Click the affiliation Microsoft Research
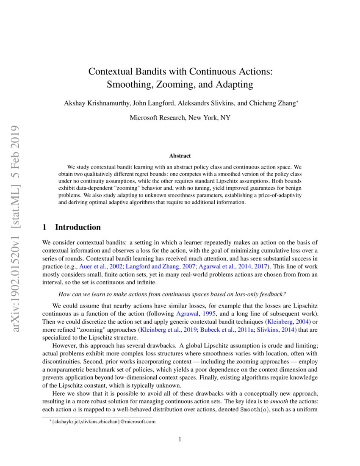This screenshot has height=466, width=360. pyautogui.click(x=157, y=118)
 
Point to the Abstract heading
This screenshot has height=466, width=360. pyautogui.click(x=180, y=156)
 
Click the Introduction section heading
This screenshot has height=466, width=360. pyautogui.click(x=78, y=227)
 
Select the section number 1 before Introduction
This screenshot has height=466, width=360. pyautogui.click(x=45, y=227)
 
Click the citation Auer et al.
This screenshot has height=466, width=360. pyautogui.click(x=92, y=267)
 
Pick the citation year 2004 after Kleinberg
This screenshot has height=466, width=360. pyautogui.click(x=300, y=322)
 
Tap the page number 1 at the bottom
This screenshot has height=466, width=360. pyautogui.click(x=180, y=439)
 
